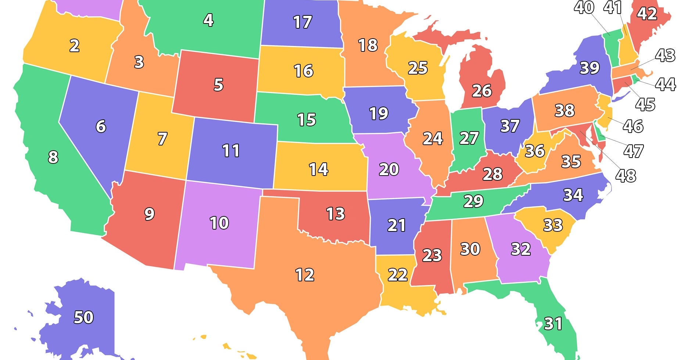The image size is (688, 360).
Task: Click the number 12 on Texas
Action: tap(305, 275)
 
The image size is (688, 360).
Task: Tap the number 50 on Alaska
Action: tap(84, 317)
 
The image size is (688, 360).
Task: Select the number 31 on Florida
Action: tap(553, 324)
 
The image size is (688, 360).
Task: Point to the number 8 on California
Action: tap(53, 157)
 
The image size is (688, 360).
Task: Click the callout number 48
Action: tap(626, 176)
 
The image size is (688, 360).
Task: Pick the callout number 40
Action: tap(584, 7)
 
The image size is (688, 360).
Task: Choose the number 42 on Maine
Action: tap(647, 14)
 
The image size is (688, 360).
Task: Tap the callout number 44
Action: tap(665, 84)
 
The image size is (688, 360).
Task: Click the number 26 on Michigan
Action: tap(482, 91)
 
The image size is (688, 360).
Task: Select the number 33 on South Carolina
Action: tap(553, 225)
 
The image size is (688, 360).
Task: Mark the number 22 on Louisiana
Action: tap(398, 275)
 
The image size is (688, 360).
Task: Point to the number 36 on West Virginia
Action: tap(535, 151)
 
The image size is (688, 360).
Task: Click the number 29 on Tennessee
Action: tap(473, 201)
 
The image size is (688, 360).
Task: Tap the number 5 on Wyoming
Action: tap(219, 85)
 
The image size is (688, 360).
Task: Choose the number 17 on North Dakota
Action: tap(302, 22)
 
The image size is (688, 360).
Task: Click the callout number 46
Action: tap(633, 126)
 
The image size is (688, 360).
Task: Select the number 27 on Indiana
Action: tap(469, 138)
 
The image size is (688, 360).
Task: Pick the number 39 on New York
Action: tap(590, 68)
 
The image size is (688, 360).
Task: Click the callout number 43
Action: tap(665, 55)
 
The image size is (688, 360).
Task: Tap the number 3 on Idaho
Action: tap(139, 62)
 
